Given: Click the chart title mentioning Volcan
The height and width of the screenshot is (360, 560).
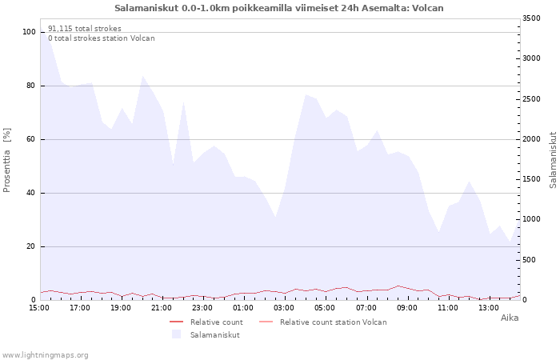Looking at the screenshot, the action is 279,8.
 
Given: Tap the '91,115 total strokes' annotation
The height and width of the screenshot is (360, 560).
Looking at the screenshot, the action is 85,29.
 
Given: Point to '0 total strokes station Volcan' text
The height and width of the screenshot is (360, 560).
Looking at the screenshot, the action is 102,38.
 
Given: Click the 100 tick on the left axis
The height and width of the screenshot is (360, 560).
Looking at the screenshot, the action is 29,32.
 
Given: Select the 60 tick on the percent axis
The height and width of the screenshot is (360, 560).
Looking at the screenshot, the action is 31,139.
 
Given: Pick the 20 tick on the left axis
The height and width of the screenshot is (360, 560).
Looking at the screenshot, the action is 31,246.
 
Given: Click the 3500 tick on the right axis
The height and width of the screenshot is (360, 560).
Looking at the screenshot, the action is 531,18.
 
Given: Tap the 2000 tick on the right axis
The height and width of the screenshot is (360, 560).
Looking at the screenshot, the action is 531,139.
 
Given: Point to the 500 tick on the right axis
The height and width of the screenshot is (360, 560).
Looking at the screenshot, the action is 530,260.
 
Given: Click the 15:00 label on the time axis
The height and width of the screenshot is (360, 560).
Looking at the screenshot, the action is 39,308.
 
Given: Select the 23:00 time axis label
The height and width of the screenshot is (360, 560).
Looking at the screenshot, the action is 202,308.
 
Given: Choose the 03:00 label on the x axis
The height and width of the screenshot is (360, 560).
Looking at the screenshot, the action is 284,308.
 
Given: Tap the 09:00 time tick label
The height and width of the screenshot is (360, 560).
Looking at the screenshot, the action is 406,308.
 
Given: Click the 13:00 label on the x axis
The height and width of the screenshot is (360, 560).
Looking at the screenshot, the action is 489,308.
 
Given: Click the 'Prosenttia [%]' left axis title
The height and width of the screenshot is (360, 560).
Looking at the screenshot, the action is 6,160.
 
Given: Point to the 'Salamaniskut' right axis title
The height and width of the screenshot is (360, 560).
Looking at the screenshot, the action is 554,160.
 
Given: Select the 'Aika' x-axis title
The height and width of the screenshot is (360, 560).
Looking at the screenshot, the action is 510,318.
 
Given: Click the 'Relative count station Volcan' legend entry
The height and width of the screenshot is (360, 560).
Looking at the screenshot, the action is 323,322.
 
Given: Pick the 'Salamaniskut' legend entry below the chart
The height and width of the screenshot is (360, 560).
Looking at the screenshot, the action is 206,334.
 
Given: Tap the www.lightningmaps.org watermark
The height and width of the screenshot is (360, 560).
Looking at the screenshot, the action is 45,355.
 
